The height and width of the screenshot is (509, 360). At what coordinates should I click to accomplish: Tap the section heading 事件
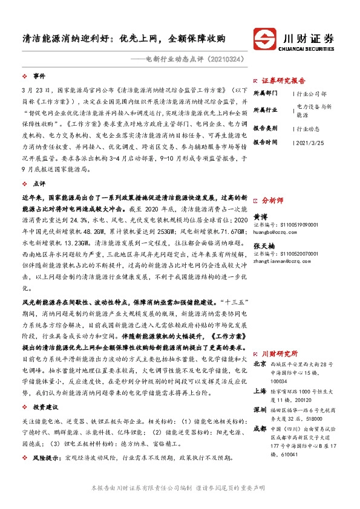point(39,77)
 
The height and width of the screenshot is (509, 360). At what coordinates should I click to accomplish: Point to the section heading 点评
point(39,183)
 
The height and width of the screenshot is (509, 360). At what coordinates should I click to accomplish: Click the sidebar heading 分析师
point(271,198)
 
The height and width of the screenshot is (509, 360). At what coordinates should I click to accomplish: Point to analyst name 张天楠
point(264,245)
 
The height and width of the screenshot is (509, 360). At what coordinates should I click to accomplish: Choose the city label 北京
point(260,364)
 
